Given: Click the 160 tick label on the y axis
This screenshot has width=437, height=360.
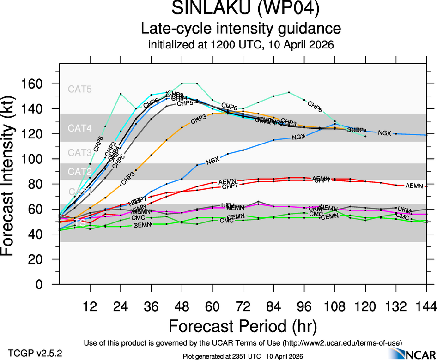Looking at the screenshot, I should tap(36, 84).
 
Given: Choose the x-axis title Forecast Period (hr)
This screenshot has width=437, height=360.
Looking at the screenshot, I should tap(243, 326).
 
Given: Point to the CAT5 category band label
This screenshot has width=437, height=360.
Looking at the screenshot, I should tap(80, 89).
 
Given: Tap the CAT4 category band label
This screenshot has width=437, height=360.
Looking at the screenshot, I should tap(80, 128).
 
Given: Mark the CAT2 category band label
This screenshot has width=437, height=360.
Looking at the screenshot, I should tap(80, 172).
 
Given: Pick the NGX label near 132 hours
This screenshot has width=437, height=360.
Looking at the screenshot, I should tap(384, 133).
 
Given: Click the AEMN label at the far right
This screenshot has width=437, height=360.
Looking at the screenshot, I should tap(414, 186).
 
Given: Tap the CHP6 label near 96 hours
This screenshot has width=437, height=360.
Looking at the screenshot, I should tap(315, 107).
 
